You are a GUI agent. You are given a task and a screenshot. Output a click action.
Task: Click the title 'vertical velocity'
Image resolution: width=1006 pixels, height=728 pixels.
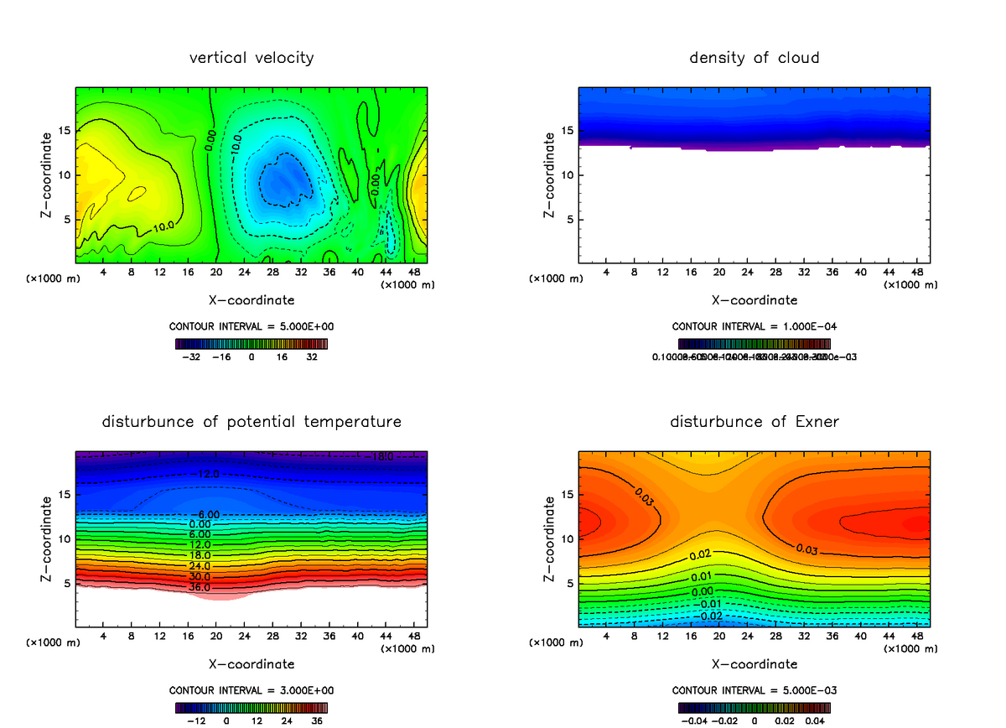pos(251,58)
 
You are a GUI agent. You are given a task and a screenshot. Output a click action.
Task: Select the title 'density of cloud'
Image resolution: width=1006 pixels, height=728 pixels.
pos(754,58)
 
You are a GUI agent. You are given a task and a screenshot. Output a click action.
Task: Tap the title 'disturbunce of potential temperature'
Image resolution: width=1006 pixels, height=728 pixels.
pos(251,421)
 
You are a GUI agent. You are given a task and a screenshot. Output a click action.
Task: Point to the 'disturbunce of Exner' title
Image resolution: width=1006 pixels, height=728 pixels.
pos(754,421)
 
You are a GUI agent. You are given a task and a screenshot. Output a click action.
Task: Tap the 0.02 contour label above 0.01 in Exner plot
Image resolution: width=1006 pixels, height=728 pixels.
pos(701,555)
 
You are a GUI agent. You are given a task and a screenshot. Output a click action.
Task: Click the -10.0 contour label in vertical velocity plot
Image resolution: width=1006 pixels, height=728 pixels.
pos(236,143)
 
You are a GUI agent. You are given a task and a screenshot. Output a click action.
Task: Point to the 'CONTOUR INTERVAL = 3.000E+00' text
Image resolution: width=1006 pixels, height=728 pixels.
pos(251,690)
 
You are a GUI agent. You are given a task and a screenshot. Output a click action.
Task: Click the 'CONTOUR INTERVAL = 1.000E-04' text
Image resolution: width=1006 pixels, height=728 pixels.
pos(754,327)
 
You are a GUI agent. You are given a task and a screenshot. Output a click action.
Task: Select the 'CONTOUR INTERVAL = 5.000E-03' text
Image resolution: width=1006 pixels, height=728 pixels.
pos(754,690)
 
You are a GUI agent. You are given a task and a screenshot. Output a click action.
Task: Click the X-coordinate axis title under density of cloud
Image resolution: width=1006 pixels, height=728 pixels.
pos(754,299)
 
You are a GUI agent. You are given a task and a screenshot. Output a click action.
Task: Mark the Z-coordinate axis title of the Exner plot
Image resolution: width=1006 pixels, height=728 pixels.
pos(550,538)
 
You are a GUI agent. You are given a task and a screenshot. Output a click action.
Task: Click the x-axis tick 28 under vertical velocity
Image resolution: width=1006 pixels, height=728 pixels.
pos(272,272)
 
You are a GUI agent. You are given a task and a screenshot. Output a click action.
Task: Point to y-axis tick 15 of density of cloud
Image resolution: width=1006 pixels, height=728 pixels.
pos(566,131)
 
